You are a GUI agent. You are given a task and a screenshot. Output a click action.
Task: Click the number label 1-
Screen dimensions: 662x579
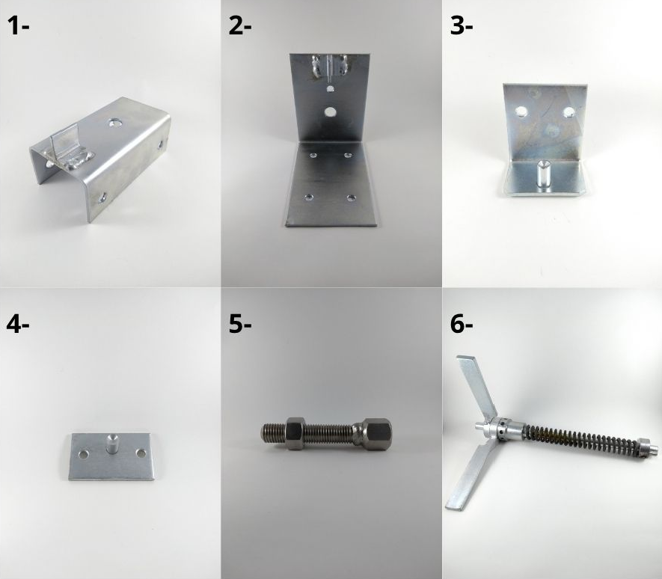18,26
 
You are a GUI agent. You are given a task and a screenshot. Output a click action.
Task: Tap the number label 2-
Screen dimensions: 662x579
240,26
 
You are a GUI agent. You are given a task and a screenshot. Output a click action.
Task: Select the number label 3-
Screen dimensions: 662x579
462,26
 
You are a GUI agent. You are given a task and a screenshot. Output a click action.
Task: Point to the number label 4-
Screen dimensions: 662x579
18,325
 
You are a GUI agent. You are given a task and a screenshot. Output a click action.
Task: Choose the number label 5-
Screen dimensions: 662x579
240,325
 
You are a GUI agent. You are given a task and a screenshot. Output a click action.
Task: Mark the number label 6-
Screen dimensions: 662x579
462,325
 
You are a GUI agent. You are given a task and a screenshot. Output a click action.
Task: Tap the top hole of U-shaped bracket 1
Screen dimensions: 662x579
113,123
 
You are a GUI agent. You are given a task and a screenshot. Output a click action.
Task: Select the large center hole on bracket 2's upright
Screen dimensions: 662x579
330,112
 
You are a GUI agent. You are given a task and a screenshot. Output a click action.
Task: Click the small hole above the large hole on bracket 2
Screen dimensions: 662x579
330,89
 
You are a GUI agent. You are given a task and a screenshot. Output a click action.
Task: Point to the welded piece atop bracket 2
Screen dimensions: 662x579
330,67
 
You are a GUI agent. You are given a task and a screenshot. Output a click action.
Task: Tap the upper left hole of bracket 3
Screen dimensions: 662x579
521,111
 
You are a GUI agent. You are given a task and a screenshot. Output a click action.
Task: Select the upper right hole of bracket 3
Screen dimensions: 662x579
568,112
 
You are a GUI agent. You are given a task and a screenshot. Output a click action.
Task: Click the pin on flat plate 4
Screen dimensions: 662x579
112,444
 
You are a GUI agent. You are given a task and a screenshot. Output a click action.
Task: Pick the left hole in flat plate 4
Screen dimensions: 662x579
84,455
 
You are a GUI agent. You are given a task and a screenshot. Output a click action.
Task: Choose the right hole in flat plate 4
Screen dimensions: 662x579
141,453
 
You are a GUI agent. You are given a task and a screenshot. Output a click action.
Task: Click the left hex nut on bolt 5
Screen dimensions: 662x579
295,433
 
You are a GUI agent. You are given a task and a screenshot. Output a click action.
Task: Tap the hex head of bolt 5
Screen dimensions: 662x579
376,434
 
